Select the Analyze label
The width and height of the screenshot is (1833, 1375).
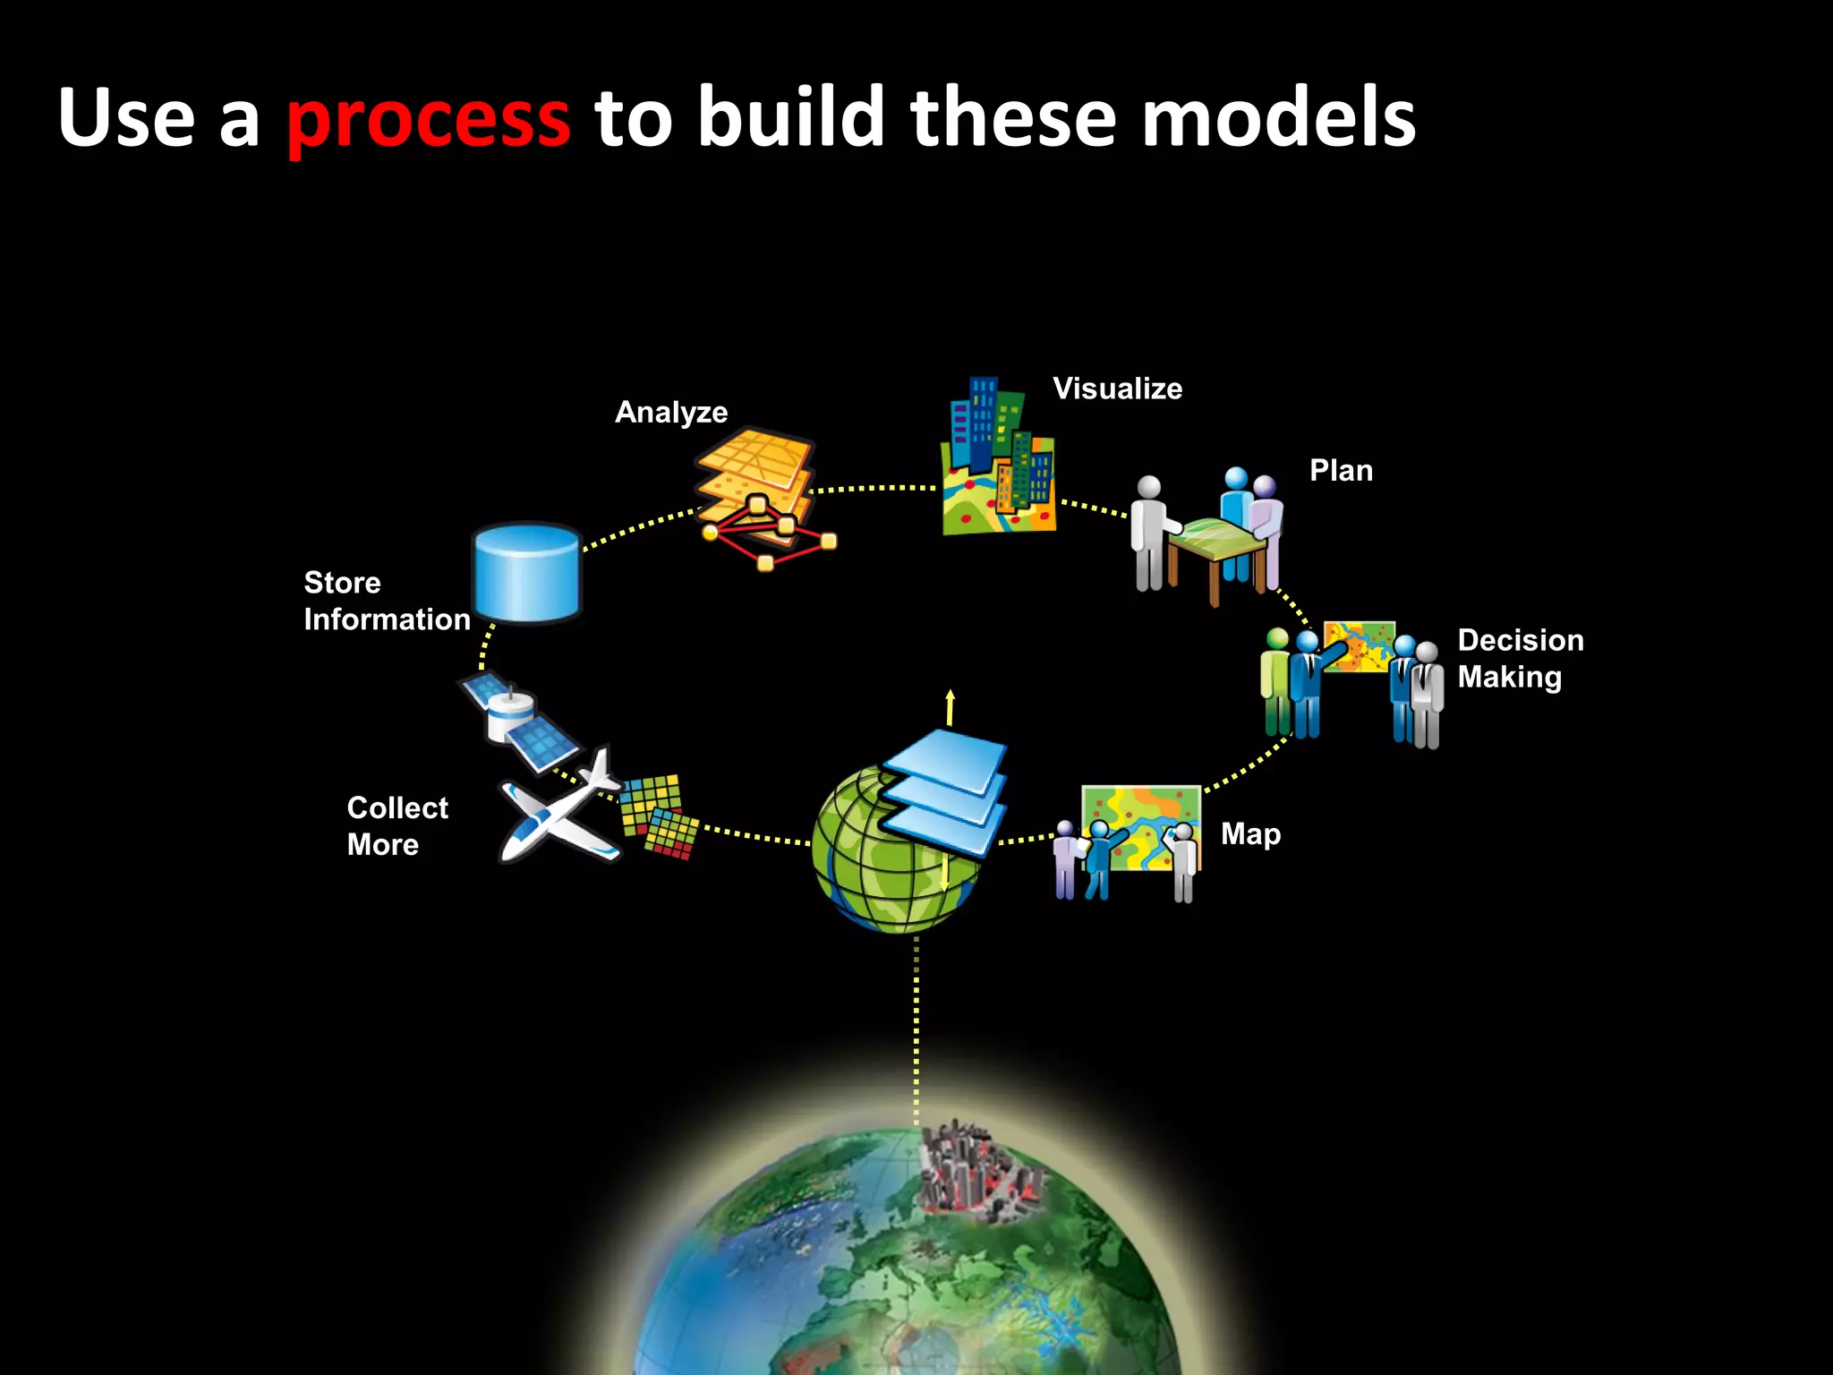pos(671,412)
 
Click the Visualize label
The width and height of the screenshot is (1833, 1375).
pos(1117,389)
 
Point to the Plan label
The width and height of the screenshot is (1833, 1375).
pos(1341,471)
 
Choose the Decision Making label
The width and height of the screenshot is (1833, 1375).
pos(1520,658)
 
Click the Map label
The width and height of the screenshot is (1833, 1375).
pos(1250,834)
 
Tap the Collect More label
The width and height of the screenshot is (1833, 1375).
pos(397,825)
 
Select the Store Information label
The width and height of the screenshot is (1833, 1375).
pos(387,601)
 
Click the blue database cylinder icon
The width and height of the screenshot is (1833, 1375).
pos(527,573)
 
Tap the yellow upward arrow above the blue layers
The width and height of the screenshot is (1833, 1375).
pos(950,707)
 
